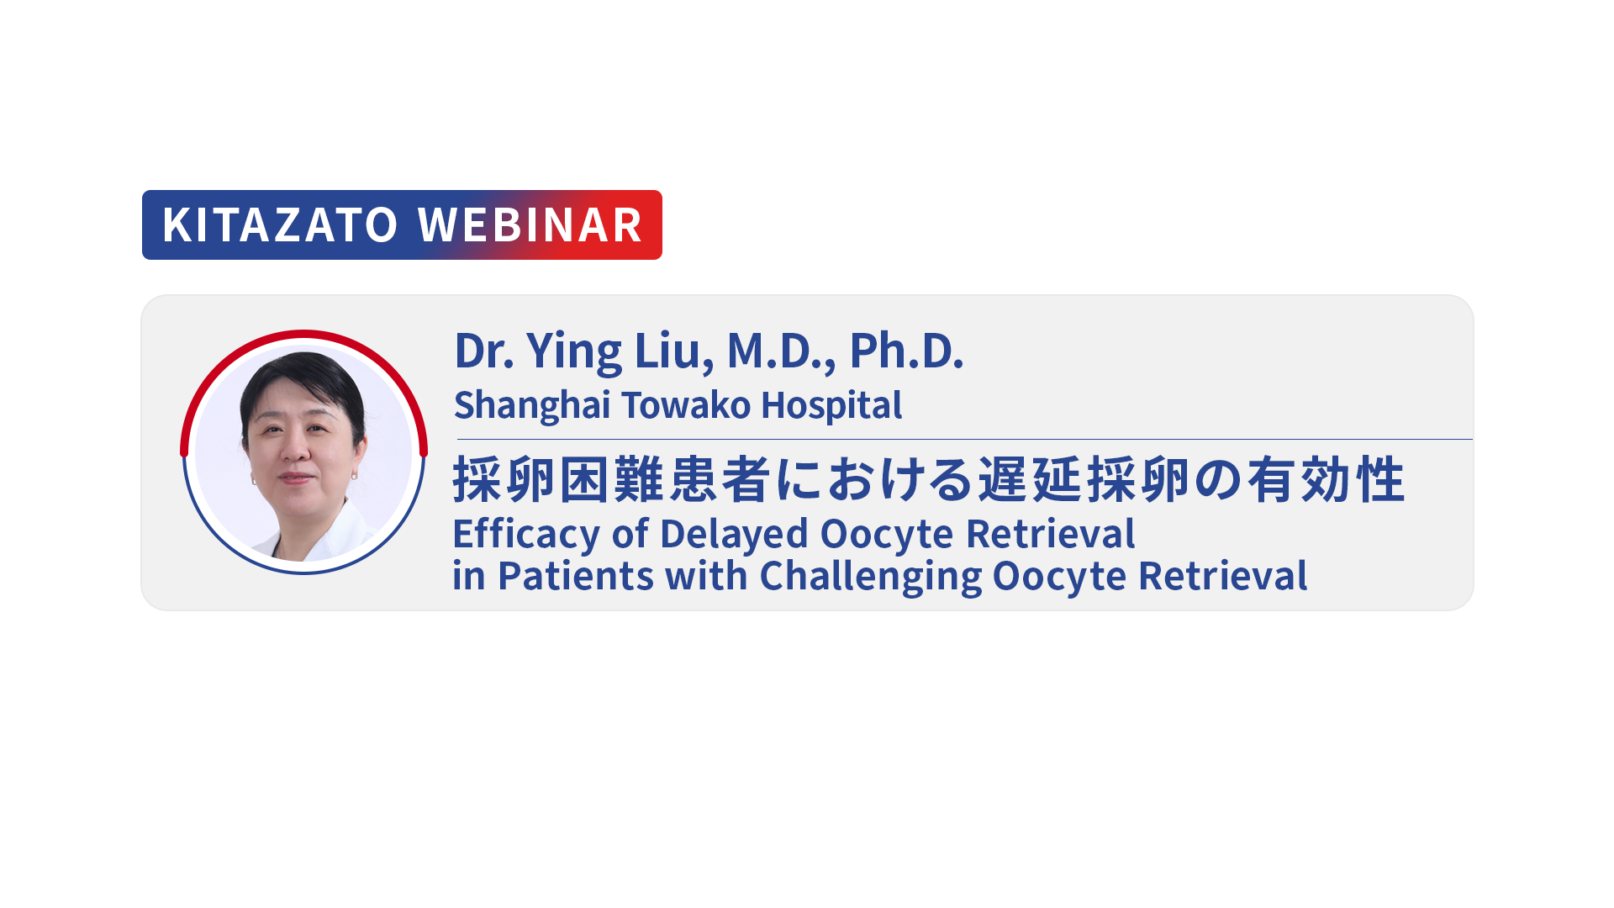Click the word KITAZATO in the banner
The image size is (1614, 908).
tap(280, 224)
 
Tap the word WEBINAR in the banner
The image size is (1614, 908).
tap(530, 224)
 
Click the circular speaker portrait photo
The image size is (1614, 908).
tap(303, 454)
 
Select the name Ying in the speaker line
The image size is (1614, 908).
tap(575, 351)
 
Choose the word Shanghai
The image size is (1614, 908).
tap(532, 406)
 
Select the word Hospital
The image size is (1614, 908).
tap(831, 406)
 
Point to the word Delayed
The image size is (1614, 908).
tap(734, 535)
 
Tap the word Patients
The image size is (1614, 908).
tap(576, 576)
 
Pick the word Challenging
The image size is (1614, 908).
tap(871, 578)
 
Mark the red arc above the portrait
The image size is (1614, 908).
tap(303, 335)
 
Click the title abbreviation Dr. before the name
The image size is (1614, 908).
tap(484, 351)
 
